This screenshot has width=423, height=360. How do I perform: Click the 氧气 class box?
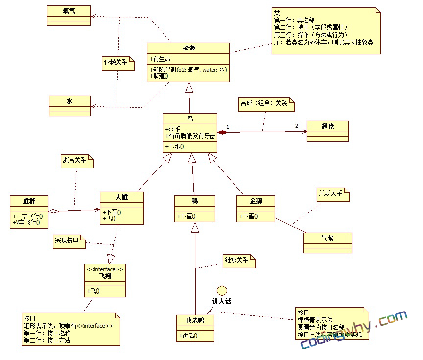[69, 15]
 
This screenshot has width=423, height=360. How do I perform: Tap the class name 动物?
[188, 48]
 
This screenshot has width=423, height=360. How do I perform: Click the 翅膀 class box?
[328, 131]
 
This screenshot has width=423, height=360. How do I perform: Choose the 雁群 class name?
[29, 201]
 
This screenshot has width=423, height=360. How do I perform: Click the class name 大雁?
[122, 197]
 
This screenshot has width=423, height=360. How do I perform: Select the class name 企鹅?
[255, 201]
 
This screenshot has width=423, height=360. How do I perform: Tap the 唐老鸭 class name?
[194, 320]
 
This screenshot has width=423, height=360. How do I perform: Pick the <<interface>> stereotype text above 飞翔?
[105, 269]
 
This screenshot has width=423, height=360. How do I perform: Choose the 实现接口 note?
[69, 241]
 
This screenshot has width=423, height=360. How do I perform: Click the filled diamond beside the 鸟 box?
[223, 132]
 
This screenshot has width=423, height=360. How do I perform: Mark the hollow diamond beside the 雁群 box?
[54, 211]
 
